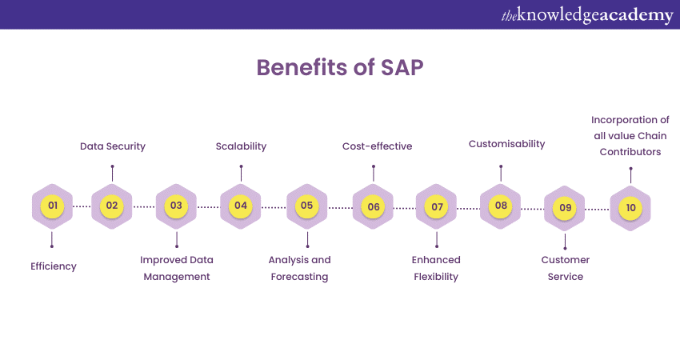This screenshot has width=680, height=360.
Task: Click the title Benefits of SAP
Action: [340, 68]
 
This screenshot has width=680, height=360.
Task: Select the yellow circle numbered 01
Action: [52, 206]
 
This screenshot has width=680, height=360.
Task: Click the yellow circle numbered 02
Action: [112, 206]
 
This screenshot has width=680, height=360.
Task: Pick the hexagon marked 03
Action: [176, 206]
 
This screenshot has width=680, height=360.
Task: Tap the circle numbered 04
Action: [241, 206]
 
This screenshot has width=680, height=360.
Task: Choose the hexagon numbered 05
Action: [306, 206]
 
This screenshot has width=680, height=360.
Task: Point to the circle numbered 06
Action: [374, 206]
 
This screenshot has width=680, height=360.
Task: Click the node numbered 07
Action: [437, 206]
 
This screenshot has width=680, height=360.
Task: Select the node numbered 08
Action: [501, 206]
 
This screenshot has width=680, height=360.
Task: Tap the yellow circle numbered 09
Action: [565, 207]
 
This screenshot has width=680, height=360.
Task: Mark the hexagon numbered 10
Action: [630, 207]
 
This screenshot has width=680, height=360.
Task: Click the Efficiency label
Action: [54, 266]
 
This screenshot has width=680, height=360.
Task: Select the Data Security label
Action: [113, 146]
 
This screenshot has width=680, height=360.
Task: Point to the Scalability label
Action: [241, 146]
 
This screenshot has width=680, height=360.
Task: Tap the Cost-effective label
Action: [374, 146]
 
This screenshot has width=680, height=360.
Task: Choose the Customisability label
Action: [506, 144]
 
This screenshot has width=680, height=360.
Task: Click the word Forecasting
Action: [299, 277]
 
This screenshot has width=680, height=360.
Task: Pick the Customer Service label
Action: [566, 268]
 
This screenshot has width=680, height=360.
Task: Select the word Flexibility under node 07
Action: [436, 277]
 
